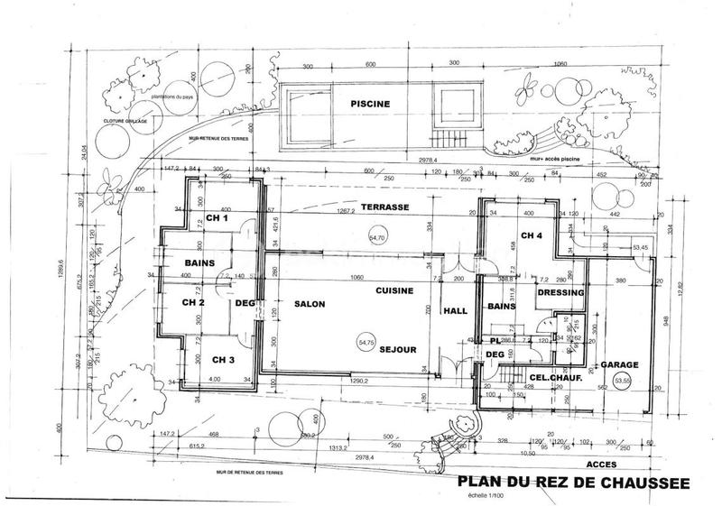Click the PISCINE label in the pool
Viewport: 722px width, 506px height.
click(371, 104)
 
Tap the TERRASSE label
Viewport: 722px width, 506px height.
click(386, 207)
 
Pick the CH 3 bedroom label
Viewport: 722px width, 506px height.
click(223, 359)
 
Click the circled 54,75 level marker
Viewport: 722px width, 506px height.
click(366, 343)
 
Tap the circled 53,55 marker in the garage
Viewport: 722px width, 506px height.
click(623, 382)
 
